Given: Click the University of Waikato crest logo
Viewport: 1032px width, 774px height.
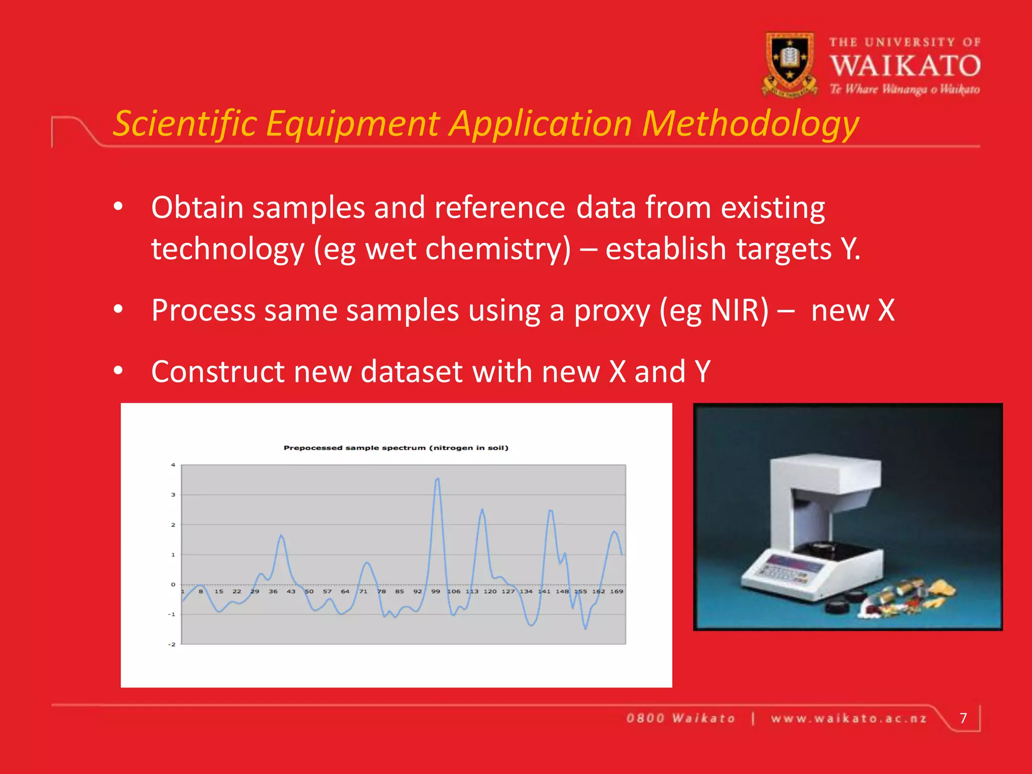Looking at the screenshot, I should tap(790, 63).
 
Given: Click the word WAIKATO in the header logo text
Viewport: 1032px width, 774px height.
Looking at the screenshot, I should tap(905, 66).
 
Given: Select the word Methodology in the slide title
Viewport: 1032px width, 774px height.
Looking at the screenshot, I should tap(750, 123).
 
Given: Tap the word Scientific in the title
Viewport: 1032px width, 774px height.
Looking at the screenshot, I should tap(185, 123).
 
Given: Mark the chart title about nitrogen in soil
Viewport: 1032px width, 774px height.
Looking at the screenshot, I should tap(396, 447).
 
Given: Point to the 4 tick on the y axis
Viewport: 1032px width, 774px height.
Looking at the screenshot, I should tap(173, 465).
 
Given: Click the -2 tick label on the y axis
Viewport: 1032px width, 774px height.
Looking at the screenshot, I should tap(172, 644).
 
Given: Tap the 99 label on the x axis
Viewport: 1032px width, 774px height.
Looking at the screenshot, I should tap(435, 592).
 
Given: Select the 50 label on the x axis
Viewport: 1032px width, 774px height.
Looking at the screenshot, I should tap(309, 592).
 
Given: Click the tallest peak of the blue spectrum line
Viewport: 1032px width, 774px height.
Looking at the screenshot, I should tap(437, 479).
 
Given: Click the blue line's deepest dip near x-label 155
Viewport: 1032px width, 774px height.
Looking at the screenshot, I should tap(586, 628).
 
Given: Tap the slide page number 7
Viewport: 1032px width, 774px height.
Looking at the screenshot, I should tap(963, 718).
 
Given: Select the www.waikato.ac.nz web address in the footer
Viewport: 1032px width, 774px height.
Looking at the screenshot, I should tap(849, 719).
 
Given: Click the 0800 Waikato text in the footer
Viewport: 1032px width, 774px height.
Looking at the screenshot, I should tap(681, 719).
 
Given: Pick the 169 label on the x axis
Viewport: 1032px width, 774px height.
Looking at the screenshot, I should tap(617, 592).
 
